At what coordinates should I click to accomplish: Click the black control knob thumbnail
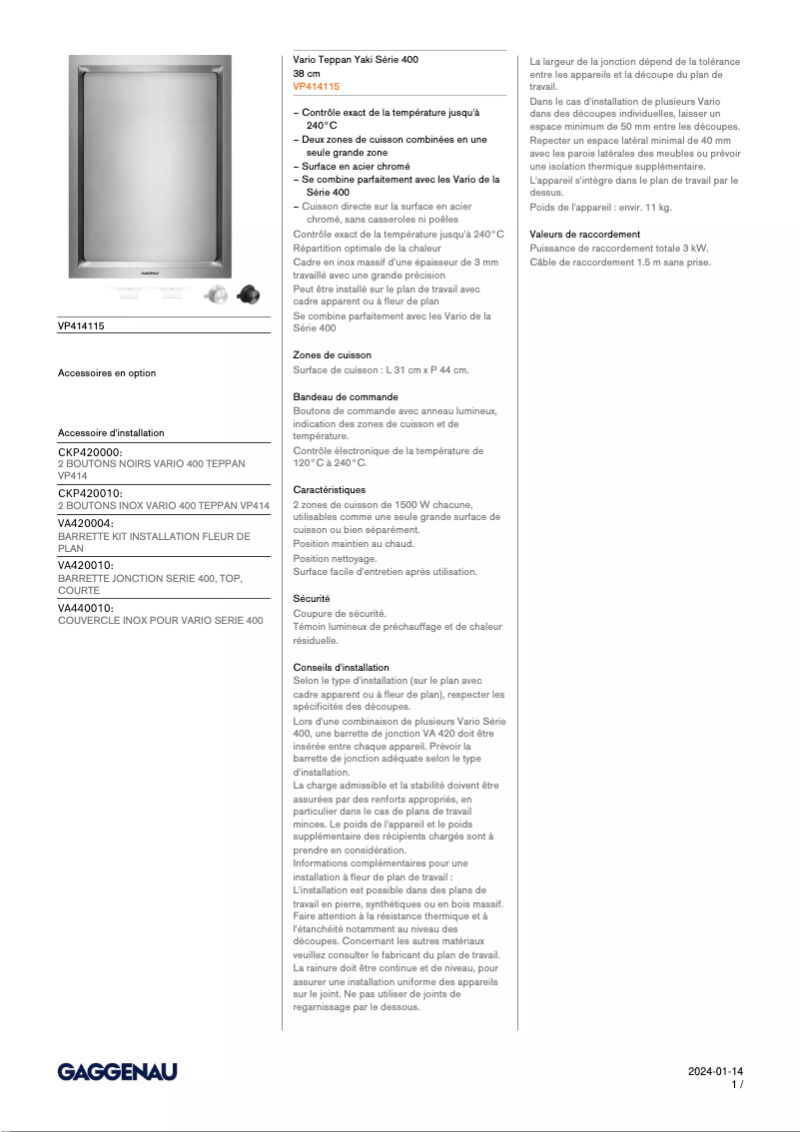[247, 294]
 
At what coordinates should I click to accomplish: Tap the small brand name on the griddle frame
[149, 269]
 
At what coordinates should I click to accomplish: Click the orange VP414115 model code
[316, 88]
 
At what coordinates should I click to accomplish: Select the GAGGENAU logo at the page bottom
[117, 1071]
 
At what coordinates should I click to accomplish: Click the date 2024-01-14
[715, 1071]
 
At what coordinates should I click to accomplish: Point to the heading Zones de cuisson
[332, 355]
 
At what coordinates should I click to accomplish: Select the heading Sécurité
[312, 599]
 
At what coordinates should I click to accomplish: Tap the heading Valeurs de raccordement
[584, 235]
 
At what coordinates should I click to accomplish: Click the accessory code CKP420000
[90, 452]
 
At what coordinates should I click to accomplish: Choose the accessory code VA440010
[86, 608]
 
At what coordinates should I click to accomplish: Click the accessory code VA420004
[86, 523]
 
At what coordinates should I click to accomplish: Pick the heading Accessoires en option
[107, 373]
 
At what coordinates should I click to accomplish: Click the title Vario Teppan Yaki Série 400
[356, 60]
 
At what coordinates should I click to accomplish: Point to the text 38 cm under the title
[307, 74]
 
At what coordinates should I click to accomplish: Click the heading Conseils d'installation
[341, 667]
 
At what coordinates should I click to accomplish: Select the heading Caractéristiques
[329, 490]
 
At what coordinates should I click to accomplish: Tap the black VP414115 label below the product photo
[81, 325]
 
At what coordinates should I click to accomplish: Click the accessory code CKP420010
[90, 493]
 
